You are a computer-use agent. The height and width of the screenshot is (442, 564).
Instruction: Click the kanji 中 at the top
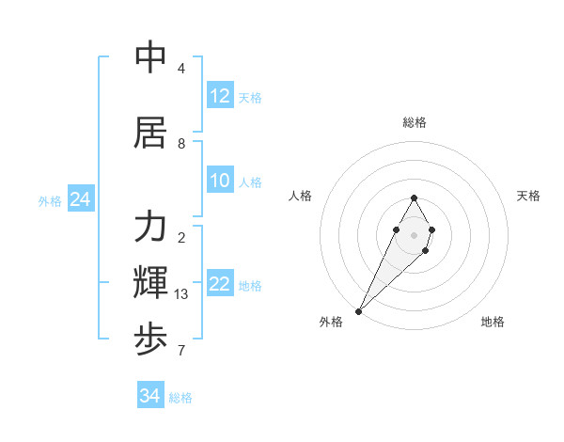(150, 57)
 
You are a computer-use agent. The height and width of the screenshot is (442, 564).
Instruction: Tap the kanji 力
(150, 227)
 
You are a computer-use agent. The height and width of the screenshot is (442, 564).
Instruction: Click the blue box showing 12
(220, 96)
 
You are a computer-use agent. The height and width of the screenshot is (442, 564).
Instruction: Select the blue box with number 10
(220, 181)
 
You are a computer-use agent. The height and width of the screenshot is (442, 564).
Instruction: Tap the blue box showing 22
(220, 284)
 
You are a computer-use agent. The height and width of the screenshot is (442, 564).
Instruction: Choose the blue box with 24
(80, 199)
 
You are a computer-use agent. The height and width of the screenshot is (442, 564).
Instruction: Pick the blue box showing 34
(150, 396)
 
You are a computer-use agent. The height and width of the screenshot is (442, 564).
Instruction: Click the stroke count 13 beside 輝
(182, 294)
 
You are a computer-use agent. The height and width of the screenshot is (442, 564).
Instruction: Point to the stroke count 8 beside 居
(181, 144)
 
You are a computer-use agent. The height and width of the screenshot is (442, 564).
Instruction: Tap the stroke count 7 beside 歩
(181, 352)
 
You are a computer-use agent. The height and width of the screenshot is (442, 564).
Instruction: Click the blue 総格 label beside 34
(181, 398)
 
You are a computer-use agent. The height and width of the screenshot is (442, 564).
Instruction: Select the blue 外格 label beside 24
(50, 201)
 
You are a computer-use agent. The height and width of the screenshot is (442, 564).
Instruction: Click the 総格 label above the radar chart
(415, 122)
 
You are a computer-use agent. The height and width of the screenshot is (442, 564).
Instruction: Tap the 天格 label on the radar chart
(529, 196)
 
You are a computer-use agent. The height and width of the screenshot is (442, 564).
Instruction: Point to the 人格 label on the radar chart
(300, 196)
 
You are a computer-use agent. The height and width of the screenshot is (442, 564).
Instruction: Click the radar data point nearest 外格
(358, 310)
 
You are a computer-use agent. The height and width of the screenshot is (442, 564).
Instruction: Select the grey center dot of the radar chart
(415, 235)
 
